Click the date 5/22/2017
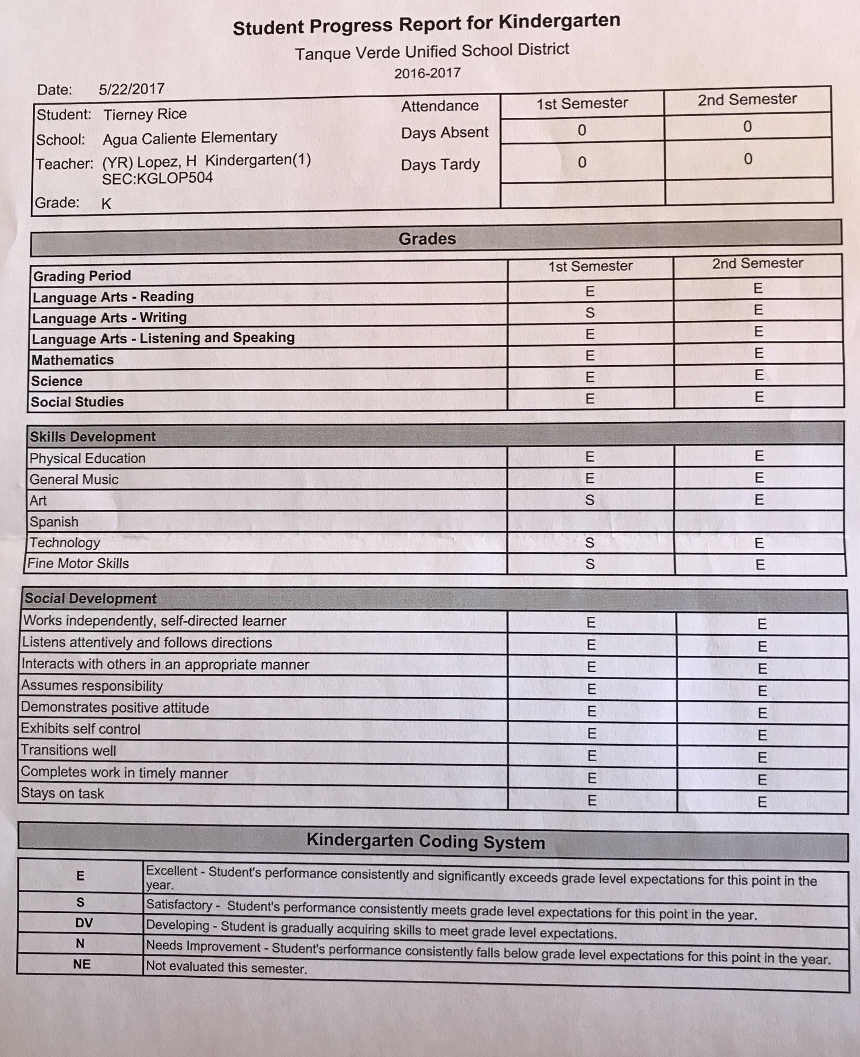132,89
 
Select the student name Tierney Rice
145,114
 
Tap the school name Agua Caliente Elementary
190,138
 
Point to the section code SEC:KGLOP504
158,179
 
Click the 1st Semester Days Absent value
582,130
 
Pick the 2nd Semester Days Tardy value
748,159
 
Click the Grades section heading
427,239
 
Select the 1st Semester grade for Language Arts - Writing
590,313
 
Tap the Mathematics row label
72,360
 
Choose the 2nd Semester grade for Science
759,375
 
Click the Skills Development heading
93,437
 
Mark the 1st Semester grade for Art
590,500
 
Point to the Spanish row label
54,522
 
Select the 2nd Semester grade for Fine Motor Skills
760,565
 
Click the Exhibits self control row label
80,729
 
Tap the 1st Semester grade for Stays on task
592,801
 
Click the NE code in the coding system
82,965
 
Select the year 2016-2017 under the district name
427,73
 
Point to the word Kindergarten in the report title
559,22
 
